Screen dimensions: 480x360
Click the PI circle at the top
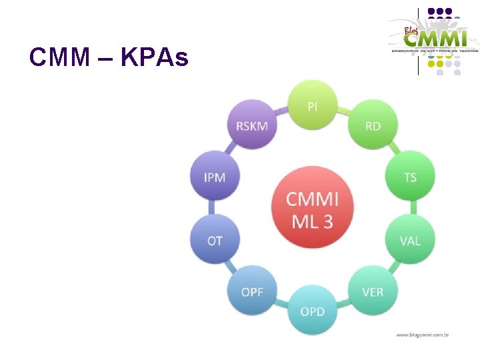tap(312, 105)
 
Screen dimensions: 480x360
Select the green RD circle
tap(373, 125)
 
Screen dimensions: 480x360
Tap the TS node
tap(410, 177)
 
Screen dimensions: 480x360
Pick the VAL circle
tap(410, 240)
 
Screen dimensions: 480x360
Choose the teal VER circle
tap(373, 291)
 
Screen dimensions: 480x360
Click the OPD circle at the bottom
tap(312, 311)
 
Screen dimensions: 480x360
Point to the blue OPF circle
tap(251, 291)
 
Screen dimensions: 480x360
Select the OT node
tap(215, 240)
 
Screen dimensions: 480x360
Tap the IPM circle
tap(215, 177)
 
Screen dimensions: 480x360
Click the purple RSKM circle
tap(251, 125)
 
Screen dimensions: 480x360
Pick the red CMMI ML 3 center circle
tap(312, 209)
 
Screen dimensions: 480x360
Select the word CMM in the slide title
tap(59, 58)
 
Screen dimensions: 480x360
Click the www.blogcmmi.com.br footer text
tap(421, 334)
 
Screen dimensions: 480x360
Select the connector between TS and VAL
tap(410, 209)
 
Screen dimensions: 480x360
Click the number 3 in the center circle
tap(327, 221)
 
